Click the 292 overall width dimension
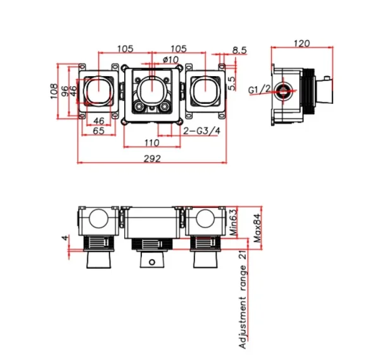coord(151,158)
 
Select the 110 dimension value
coord(152,143)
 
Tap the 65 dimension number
coord(99,131)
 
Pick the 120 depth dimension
coord(303,44)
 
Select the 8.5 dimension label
coord(239,49)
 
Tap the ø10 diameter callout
coord(170,60)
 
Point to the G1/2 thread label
coord(261,91)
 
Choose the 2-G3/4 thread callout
coord(201,131)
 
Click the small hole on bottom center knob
coord(151,262)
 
